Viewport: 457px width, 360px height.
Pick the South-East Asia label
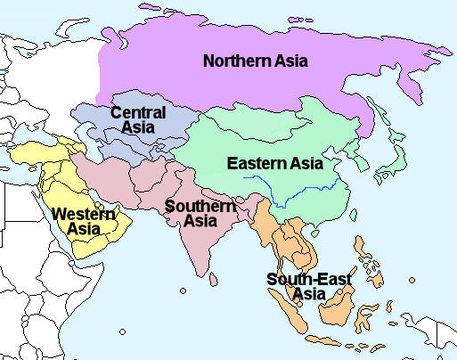click(x=309, y=286)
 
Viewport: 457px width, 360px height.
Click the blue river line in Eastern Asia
click(x=294, y=192)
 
